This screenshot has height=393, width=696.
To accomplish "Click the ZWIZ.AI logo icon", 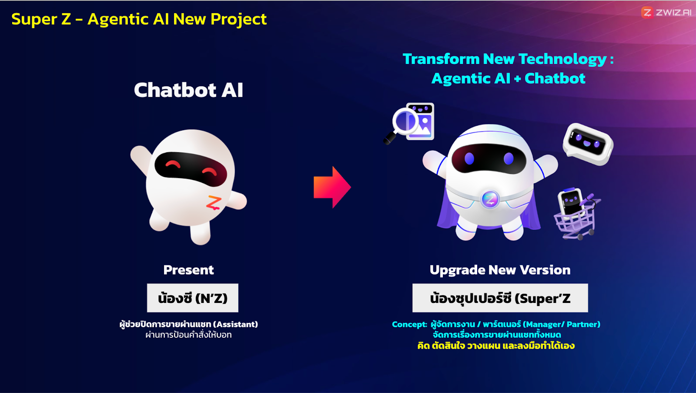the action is point(647,13).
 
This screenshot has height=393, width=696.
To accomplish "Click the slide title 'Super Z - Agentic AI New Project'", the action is point(139,19).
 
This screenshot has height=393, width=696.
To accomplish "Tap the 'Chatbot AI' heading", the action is point(189,90).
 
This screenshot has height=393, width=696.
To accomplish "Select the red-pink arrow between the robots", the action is point(332,187).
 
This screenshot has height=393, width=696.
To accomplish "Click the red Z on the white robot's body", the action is point(214,202).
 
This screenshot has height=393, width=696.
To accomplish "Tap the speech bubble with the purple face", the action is point(588,144).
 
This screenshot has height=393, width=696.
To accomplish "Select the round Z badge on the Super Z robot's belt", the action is point(490,199).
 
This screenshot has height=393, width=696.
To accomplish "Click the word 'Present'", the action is point(189,270).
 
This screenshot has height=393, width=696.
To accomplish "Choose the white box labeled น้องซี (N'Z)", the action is point(193,298).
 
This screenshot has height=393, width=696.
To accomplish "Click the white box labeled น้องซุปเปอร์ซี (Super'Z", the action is point(500,298).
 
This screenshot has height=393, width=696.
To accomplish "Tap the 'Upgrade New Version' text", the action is point(500,270).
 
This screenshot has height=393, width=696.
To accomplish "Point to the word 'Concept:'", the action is point(409,325).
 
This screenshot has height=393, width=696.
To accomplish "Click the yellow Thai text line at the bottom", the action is point(496,346).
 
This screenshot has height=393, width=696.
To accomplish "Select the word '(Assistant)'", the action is point(235,325).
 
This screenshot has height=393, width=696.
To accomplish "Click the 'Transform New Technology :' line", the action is point(509,59).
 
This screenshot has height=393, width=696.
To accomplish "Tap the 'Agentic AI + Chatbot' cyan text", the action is point(509,78).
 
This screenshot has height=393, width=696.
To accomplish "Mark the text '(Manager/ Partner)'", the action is point(562,325).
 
